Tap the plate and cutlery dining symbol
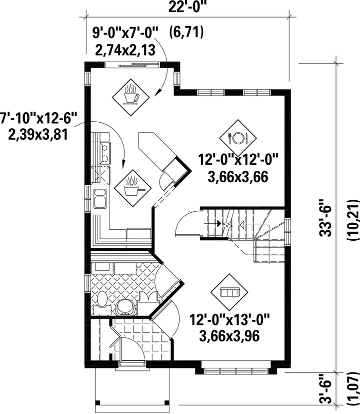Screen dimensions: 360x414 (238, 138)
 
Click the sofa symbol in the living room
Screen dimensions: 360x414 (229, 292)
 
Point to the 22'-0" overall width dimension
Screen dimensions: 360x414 (187, 8)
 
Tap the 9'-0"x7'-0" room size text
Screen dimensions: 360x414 (125, 34)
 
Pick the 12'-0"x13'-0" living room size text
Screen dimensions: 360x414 (230, 320)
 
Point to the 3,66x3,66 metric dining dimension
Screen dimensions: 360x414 (238, 177)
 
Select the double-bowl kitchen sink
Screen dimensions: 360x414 (100, 199)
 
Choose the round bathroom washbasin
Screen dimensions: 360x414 (125, 307)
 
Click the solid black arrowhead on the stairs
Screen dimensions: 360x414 (219, 223)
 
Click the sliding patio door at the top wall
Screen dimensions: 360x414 (132, 65)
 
